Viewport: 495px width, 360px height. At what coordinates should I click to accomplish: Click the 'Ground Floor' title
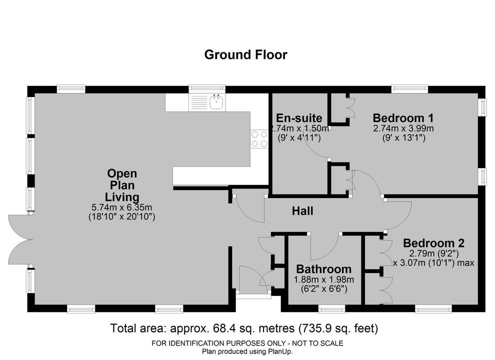pos(245,54)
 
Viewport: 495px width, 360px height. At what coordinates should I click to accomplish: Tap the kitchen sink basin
pos(216,102)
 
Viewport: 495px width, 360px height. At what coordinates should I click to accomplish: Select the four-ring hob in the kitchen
pos(259,139)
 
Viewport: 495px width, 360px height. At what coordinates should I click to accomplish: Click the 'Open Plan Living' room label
pos(122,185)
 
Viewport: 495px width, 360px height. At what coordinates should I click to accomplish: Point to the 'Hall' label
pos(302,211)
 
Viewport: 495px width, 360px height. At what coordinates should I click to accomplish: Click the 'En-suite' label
pos(299,118)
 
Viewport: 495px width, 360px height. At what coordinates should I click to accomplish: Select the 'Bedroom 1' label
pos(403,118)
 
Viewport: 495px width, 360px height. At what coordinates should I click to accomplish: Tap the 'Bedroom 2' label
pos(434,243)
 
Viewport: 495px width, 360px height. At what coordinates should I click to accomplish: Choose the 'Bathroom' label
pos(323,269)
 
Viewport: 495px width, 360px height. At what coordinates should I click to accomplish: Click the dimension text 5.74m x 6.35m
pos(122,207)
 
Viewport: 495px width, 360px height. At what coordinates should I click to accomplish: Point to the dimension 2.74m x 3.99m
pos(403,128)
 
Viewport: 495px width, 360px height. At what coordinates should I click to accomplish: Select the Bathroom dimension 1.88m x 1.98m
pos(323,279)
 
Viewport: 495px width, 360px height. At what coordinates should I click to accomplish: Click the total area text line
pos(244,328)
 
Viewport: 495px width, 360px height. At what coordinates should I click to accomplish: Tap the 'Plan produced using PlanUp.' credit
pos(247,351)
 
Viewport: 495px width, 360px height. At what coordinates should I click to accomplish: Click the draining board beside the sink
pos(198,102)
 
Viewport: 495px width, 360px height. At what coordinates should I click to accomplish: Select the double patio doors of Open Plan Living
pos(21,239)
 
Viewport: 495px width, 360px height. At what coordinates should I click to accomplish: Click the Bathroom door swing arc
pos(325,249)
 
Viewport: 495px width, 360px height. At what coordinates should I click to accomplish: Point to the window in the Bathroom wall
pos(331,308)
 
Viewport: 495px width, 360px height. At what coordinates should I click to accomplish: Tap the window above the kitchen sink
pos(207,88)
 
